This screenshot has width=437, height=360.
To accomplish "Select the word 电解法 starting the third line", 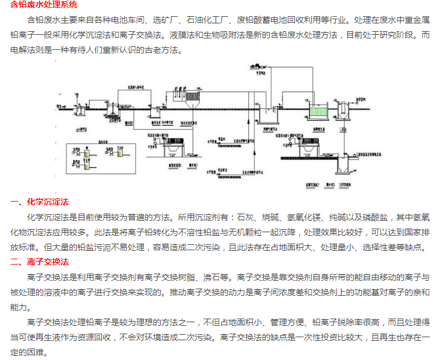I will (22, 50).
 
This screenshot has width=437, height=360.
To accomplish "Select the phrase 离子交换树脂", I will (174, 277).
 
